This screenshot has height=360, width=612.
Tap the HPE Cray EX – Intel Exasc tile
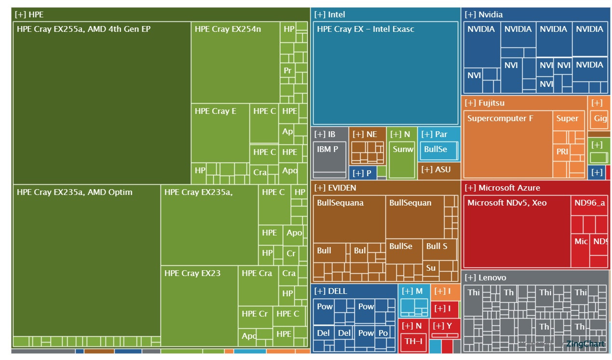[385, 72]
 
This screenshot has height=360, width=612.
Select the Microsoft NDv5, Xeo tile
[516, 232]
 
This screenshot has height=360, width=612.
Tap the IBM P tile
[330, 159]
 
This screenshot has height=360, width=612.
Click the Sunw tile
[403, 159]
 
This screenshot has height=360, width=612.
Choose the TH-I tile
[413, 342]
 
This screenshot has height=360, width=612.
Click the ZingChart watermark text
[585, 344]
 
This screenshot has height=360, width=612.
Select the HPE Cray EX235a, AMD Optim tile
[86, 261]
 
